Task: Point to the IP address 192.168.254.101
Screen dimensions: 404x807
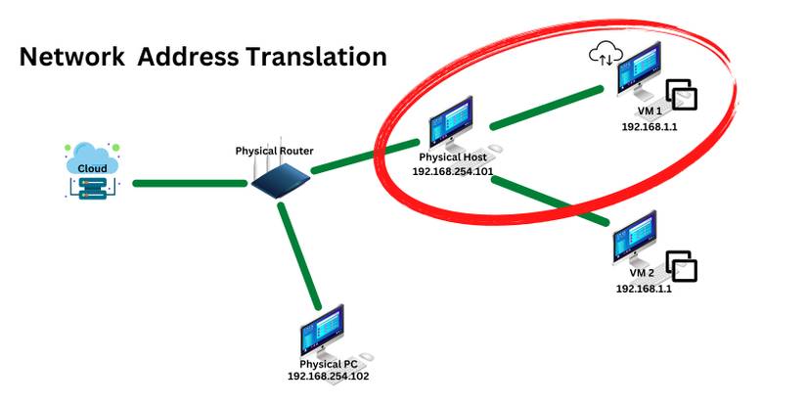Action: point(452,170)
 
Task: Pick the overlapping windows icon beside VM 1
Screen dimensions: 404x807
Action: point(682,96)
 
